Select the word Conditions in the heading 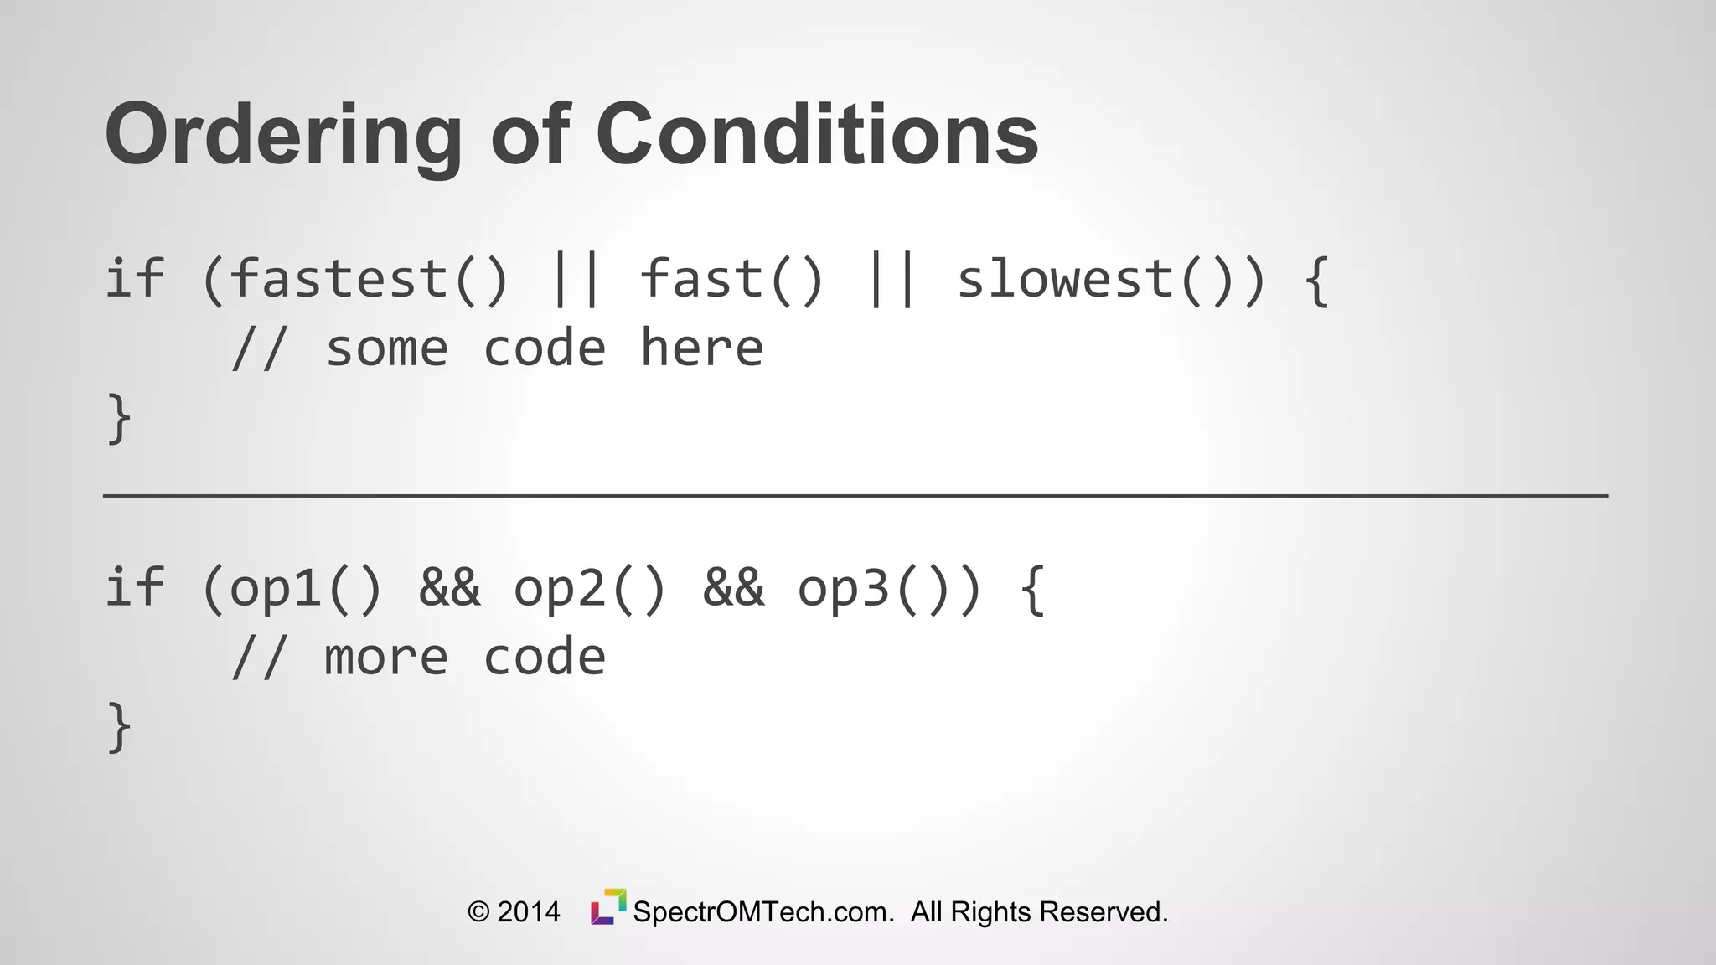(x=817, y=134)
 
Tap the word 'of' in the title (x=530, y=134)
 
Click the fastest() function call (x=369, y=280)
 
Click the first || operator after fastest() (x=576, y=280)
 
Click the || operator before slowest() (x=892, y=280)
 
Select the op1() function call (x=306, y=588)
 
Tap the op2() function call (x=590, y=588)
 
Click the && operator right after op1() (x=450, y=588)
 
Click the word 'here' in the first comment (x=702, y=348)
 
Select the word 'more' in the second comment (x=386, y=658)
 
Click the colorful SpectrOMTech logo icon (x=608, y=907)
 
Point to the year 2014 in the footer (x=528, y=912)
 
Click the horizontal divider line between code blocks (x=855, y=496)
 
